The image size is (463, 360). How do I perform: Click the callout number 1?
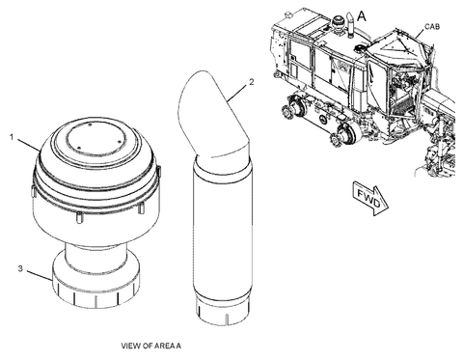coord(13,138)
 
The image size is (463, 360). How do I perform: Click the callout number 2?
coord(251,83)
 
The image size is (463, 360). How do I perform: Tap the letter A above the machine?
coord(362,16)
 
